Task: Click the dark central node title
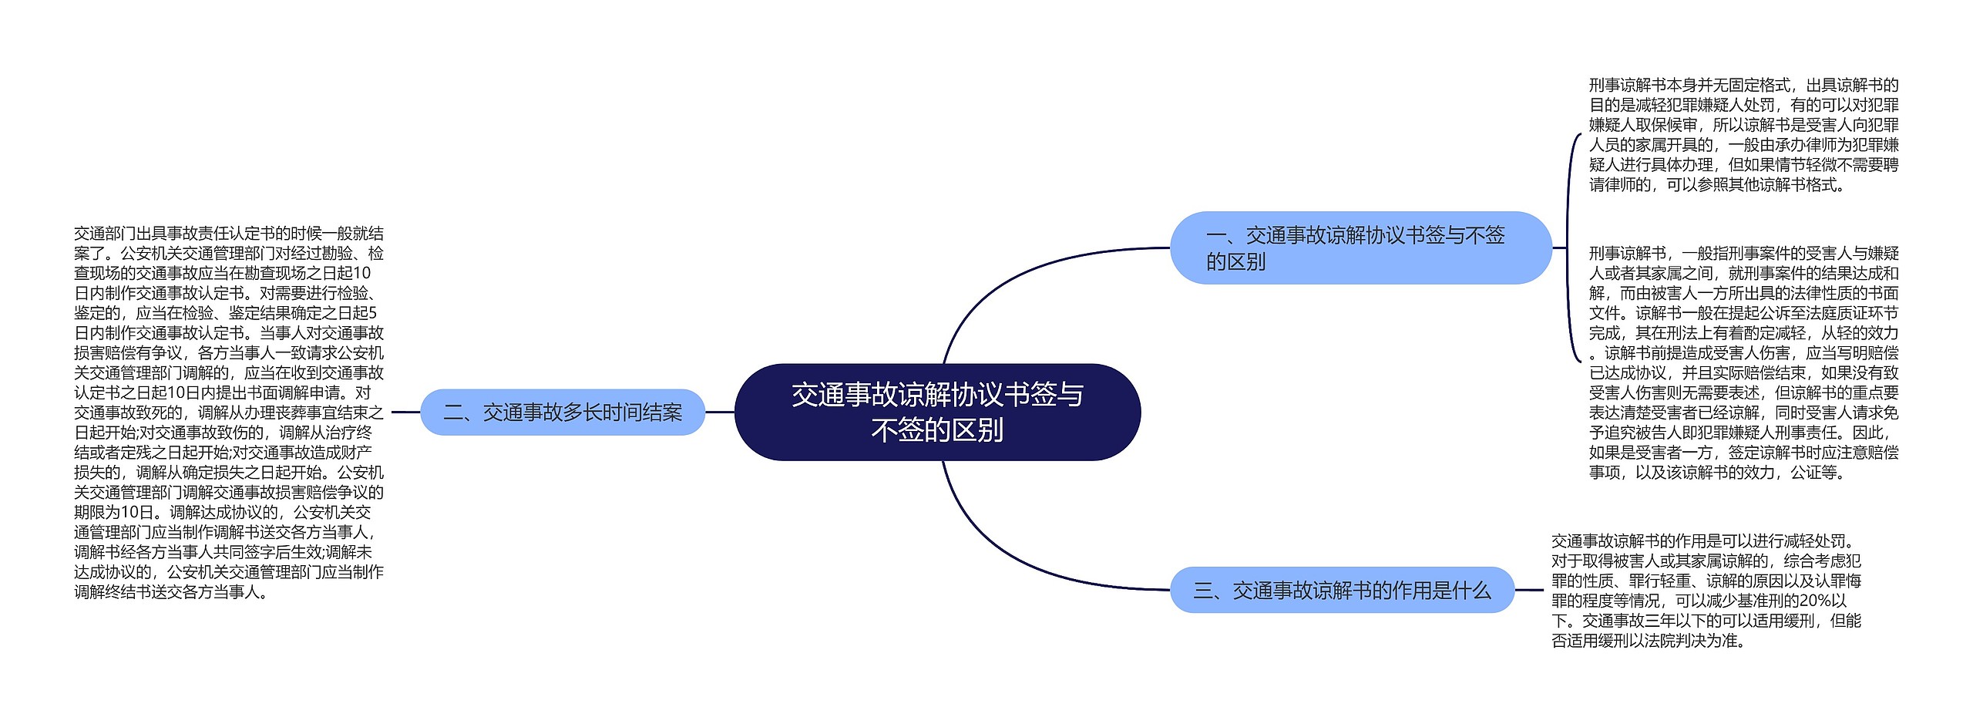937,412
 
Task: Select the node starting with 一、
1360,248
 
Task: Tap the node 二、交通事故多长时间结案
563,413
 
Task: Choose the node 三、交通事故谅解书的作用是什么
1342,591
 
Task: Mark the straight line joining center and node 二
720,413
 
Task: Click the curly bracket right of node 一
1570,248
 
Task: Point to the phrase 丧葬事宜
306,413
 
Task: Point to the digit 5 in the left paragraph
372,313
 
